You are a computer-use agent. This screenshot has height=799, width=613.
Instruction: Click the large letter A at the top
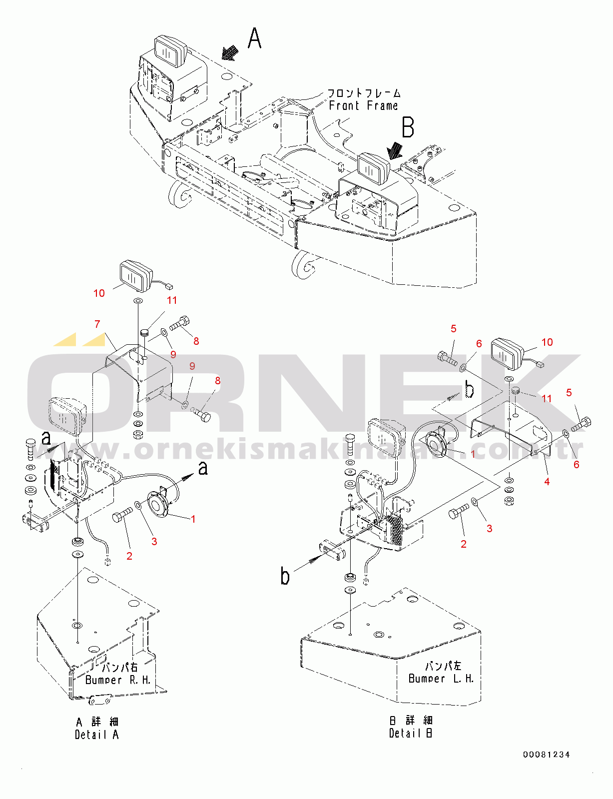tap(255, 38)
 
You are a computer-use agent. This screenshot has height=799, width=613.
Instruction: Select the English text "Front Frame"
tap(363, 106)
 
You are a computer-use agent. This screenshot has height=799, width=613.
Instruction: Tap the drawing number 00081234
tap(547, 755)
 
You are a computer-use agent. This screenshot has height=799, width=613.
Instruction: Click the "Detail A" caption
tap(97, 735)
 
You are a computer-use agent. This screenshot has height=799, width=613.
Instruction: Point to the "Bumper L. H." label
tap(441, 679)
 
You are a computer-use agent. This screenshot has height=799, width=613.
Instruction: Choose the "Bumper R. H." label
tap(118, 680)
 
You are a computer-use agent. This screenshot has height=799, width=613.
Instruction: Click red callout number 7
tap(97, 324)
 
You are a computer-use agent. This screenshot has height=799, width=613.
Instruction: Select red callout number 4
tap(547, 482)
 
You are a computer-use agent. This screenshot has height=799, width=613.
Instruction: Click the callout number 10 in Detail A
tap(99, 293)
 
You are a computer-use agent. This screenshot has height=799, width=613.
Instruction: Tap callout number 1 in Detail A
tap(193, 519)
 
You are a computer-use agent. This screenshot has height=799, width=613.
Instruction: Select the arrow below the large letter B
tap(395, 150)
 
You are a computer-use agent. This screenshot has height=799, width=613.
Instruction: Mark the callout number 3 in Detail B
tap(489, 528)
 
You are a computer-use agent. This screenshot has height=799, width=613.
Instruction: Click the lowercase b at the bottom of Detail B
tap(285, 576)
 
